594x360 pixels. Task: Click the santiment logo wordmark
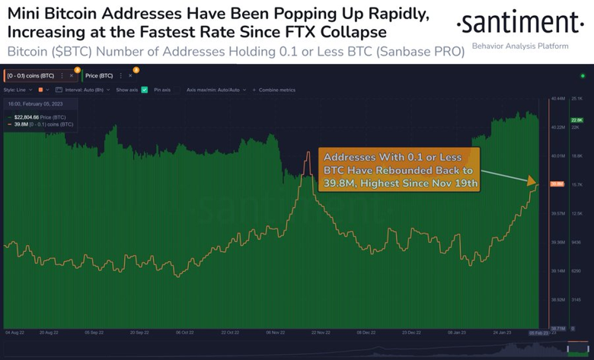pos(521,25)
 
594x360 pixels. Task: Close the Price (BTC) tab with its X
pos(131,75)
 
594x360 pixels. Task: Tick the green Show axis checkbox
pos(145,90)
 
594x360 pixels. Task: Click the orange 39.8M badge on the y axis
pos(556,183)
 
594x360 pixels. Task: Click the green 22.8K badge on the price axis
pos(576,119)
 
